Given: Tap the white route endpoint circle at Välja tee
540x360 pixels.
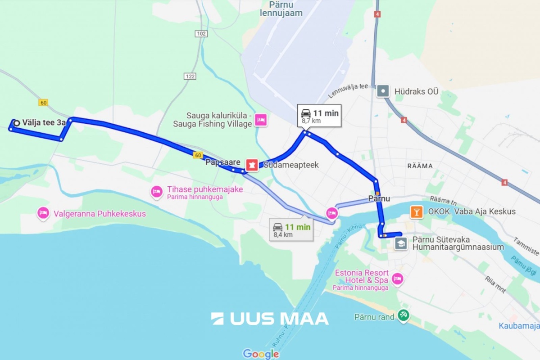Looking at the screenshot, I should (17, 122).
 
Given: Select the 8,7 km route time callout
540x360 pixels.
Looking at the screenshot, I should (319, 116).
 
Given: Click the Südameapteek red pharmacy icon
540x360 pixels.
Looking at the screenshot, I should (252, 165).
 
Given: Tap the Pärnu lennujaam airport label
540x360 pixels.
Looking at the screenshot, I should (281, 9).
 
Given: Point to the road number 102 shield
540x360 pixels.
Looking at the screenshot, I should (201, 34).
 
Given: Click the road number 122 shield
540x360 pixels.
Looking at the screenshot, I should (190, 76).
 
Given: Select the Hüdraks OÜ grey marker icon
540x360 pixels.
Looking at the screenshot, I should (383, 91).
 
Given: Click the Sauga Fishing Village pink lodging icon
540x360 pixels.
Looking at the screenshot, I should (261, 120).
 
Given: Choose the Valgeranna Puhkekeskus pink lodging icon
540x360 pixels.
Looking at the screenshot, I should (43, 213).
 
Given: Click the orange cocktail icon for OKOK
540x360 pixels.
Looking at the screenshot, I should (417, 211).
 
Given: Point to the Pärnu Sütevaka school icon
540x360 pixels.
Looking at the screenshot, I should (401, 244).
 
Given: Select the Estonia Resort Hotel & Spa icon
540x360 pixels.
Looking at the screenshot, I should (397, 279).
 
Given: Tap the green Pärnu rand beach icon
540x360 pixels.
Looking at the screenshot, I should (403, 316).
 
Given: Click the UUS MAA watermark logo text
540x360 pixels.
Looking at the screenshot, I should (270, 319).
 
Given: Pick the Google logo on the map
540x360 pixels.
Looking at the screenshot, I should (261, 354).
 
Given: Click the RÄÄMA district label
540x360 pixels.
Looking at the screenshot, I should (420, 166).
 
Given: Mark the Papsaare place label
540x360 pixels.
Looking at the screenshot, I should (222, 162).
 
